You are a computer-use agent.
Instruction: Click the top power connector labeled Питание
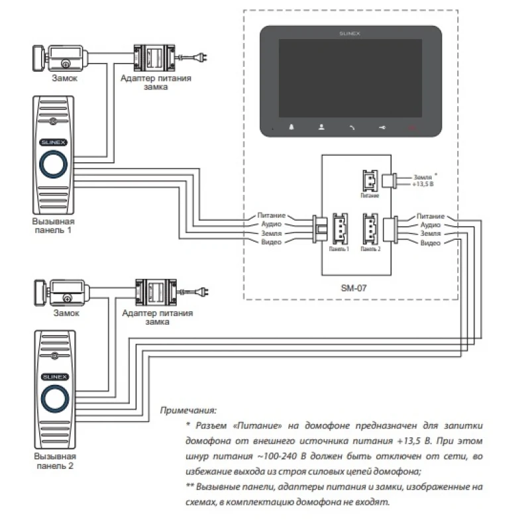369,180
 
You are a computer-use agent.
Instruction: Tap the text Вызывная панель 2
55,461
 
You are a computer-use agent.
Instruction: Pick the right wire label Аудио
430,225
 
